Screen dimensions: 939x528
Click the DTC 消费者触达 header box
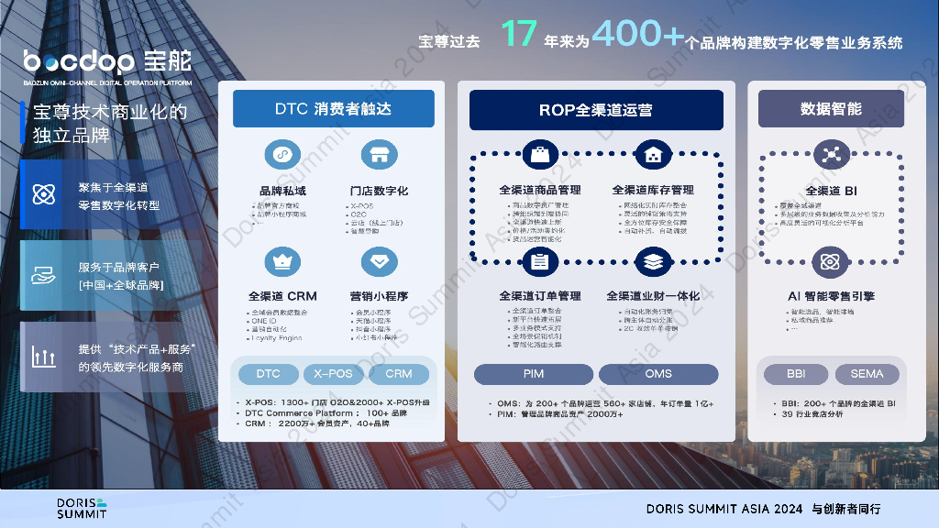click(x=333, y=109)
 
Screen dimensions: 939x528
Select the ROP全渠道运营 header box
click(x=596, y=110)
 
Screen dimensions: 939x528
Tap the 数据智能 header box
click(x=831, y=109)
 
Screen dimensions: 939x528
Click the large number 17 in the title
click(x=518, y=35)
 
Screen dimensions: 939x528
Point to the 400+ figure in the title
click(x=638, y=35)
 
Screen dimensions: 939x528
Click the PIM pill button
click(x=534, y=374)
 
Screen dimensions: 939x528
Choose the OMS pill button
click(x=657, y=374)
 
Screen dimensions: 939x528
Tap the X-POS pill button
click(x=333, y=374)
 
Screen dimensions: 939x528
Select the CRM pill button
click(x=399, y=374)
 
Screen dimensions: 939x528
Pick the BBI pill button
click(x=796, y=374)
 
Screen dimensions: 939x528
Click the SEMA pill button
click(x=867, y=374)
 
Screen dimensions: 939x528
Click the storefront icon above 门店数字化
click(x=379, y=154)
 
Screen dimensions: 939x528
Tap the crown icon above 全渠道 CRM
click(x=282, y=262)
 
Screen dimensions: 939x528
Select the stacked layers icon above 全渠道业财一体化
click(x=653, y=262)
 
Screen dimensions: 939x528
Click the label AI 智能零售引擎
click(x=831, y=296)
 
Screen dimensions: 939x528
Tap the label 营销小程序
click(x=379, y=296)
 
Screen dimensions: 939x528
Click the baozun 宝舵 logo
click(x=108, y=62)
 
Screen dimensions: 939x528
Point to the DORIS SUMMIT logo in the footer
click(x=82, y=508)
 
